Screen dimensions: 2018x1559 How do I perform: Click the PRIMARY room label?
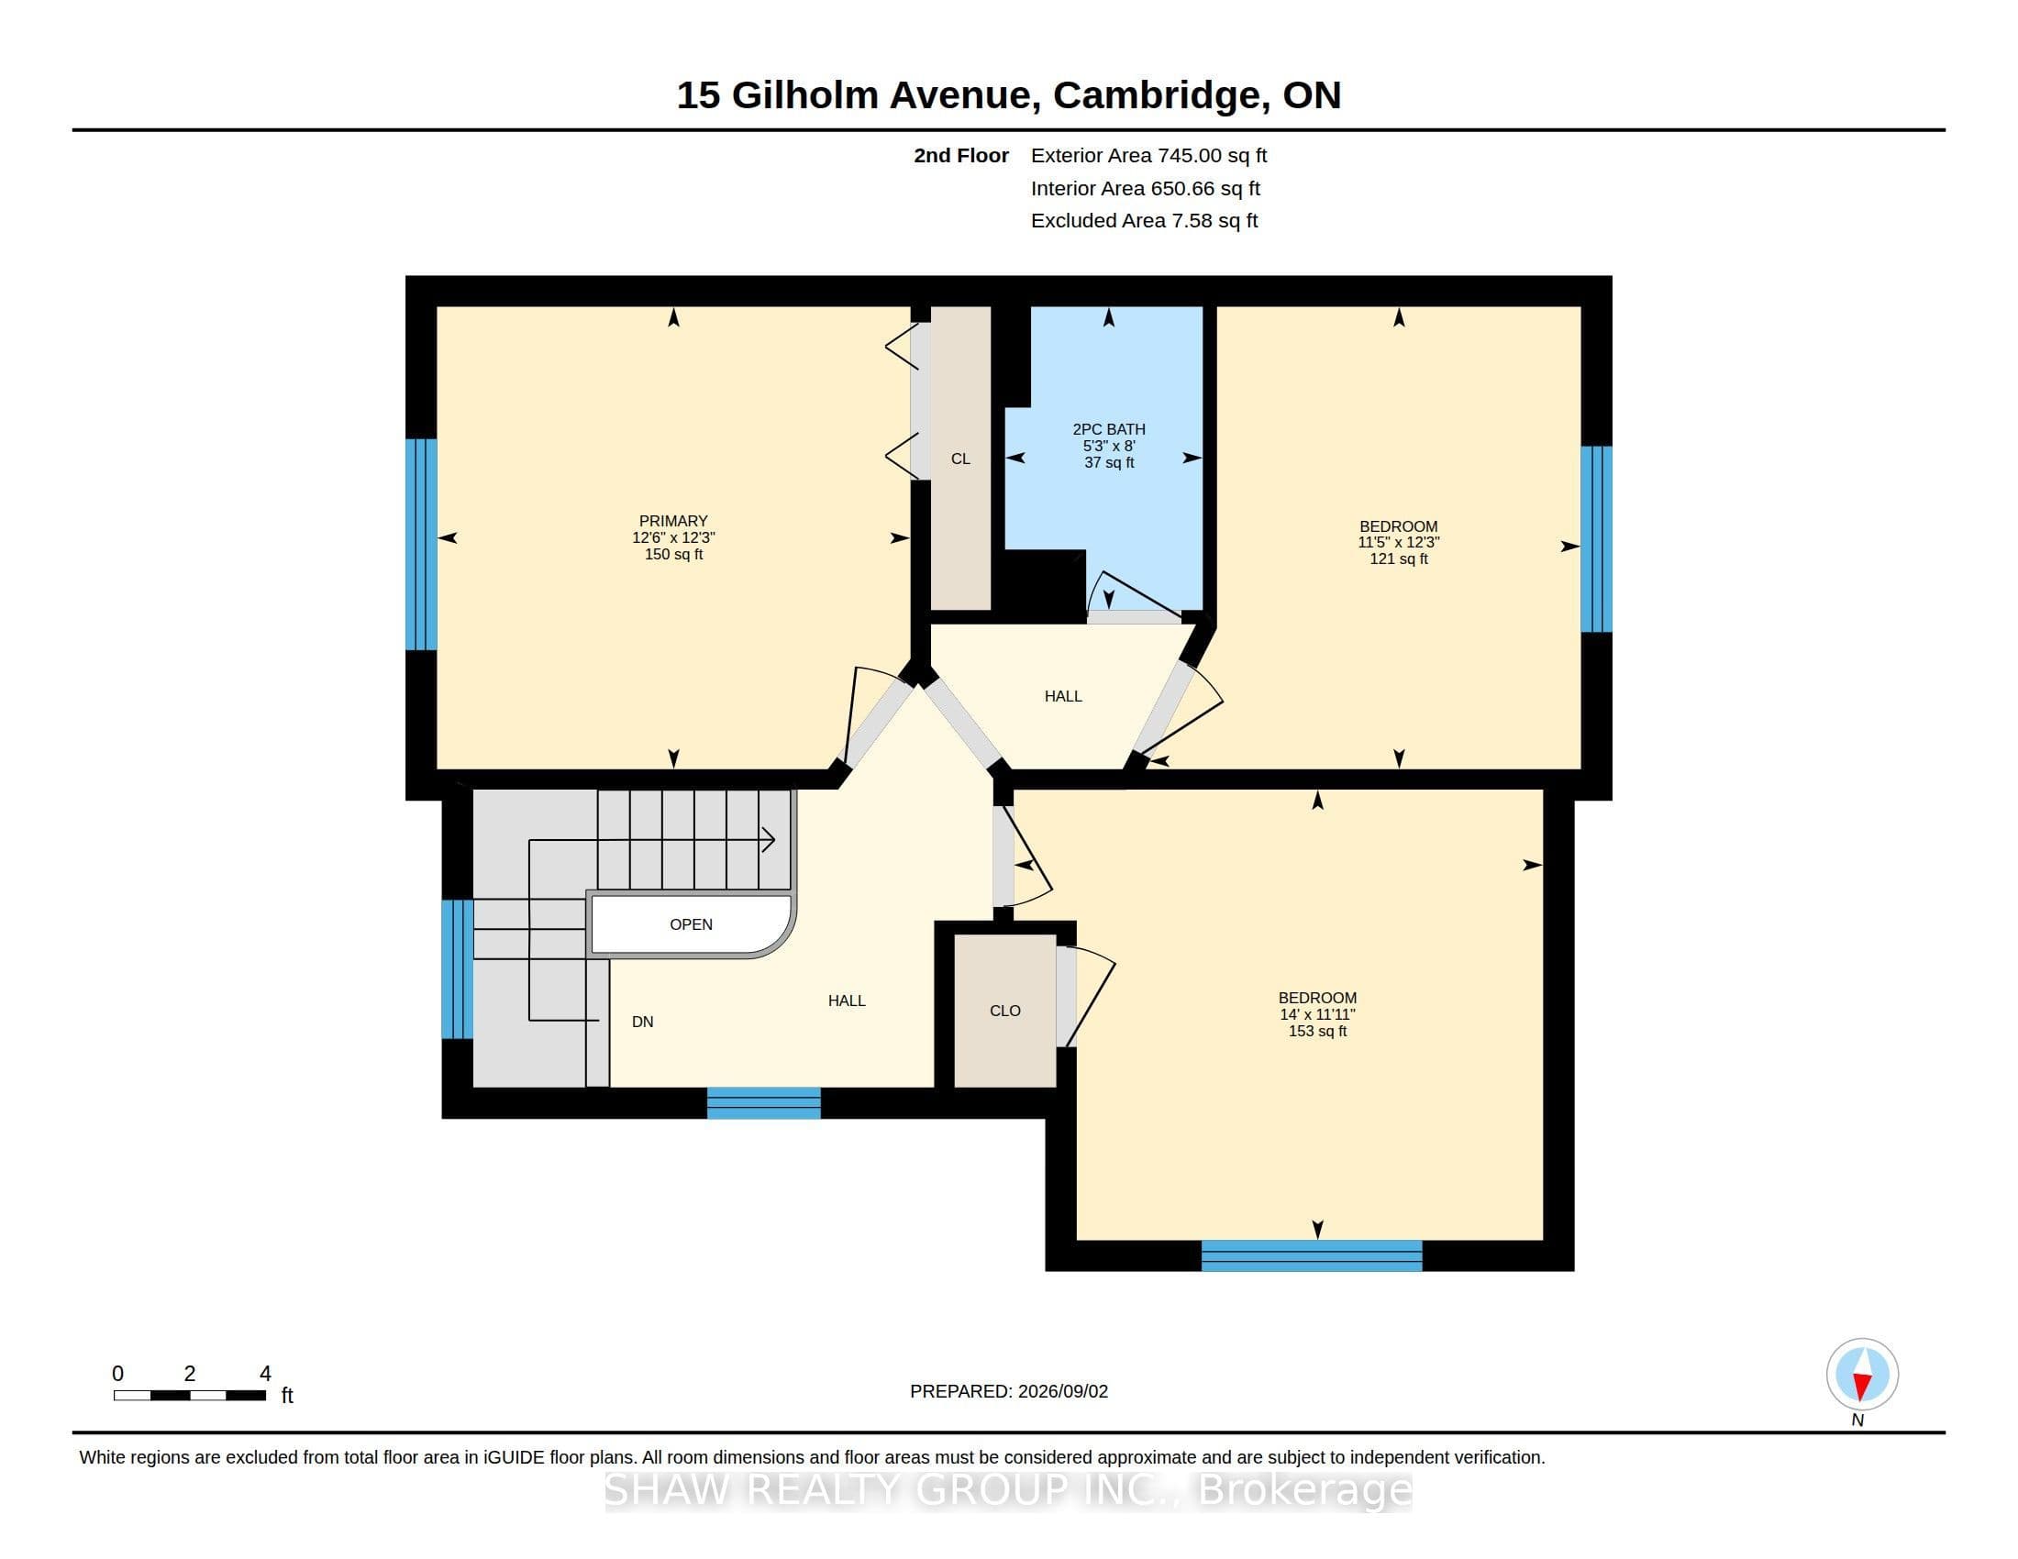[673, 521]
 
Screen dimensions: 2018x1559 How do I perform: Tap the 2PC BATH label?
[1109, 429]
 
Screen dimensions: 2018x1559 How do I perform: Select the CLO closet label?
[1005, 1012]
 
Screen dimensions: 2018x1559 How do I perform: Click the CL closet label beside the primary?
[961, 459]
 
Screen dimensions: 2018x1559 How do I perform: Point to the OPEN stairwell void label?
[691, 924]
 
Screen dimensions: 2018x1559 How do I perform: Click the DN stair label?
[642, 1022]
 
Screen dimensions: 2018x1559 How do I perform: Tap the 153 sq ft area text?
[1317, 1032]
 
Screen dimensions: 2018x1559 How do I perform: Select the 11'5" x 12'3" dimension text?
[1399, 543]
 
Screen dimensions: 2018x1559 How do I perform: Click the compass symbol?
[1862, 1375]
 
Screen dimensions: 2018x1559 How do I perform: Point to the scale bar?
[190, 1396]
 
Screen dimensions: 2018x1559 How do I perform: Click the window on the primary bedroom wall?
[421, 544]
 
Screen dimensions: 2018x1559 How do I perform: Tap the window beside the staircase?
[458, 968]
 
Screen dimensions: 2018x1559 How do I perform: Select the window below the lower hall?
[764, 1102]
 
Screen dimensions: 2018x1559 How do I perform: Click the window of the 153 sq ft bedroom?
[1312, 1256]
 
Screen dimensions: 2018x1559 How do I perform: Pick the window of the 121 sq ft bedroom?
[1597, 539]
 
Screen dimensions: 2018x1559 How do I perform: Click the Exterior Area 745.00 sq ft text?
[1149, 156]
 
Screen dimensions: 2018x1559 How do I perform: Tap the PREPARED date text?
[1009, 1391]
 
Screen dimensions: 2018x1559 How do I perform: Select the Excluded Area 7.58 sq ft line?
[1145, 221]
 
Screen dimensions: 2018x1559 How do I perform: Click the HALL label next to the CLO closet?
[847, 1001]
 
